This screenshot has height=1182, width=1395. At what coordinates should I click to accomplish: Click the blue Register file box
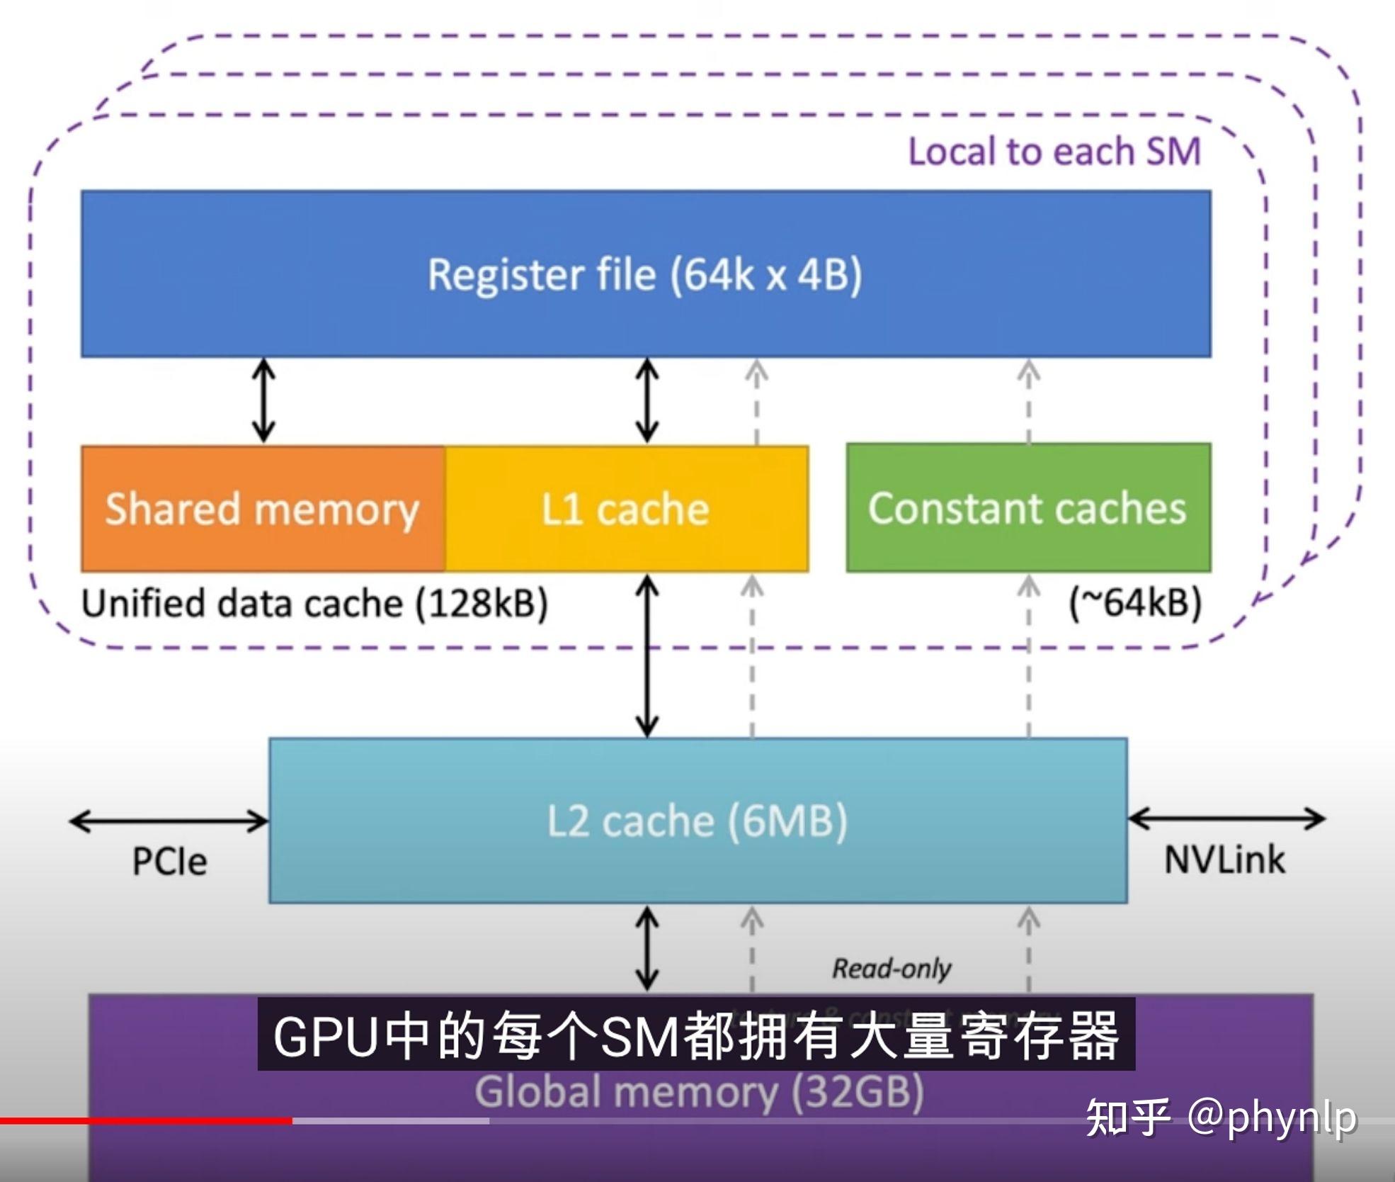[x=645, y=274]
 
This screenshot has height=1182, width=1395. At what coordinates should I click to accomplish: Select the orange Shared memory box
[x=263, y=509]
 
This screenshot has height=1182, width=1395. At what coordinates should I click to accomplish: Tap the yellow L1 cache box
[x=626, y=509]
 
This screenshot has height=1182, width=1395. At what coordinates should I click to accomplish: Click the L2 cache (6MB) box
[x=697, y=821]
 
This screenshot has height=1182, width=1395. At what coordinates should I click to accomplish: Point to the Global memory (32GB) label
[x=699, y=1091]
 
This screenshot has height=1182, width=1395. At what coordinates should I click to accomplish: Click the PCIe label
[x=170, y=862]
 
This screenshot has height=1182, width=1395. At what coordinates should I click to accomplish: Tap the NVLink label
[x=1224, y=860]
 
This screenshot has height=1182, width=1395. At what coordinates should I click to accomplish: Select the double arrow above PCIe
[x=169, y=821]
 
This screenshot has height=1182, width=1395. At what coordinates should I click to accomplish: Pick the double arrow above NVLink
[x=1226, y=818]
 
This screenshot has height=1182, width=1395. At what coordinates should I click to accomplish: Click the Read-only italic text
[x=891, y=968]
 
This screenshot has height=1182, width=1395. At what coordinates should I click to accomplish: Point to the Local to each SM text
[x=1054, y=152]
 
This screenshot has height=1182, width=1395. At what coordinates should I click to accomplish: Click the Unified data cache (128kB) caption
[x=314, y=604]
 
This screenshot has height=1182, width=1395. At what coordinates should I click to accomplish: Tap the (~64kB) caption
[x=1135, y=603]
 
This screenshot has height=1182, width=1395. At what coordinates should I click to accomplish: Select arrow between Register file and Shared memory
[x=264, y=401]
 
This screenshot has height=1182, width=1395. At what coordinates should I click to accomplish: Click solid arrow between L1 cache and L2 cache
[x=647, y=655]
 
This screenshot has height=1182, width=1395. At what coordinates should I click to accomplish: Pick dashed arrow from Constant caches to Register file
[x=1028, y=401]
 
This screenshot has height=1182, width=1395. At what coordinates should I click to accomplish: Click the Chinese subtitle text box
[x=696, y=1035]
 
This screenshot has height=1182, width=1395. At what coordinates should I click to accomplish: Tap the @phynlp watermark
[x=1222, y=1118]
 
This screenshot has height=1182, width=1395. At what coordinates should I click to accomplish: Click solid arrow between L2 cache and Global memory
[x=647, y=948]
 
